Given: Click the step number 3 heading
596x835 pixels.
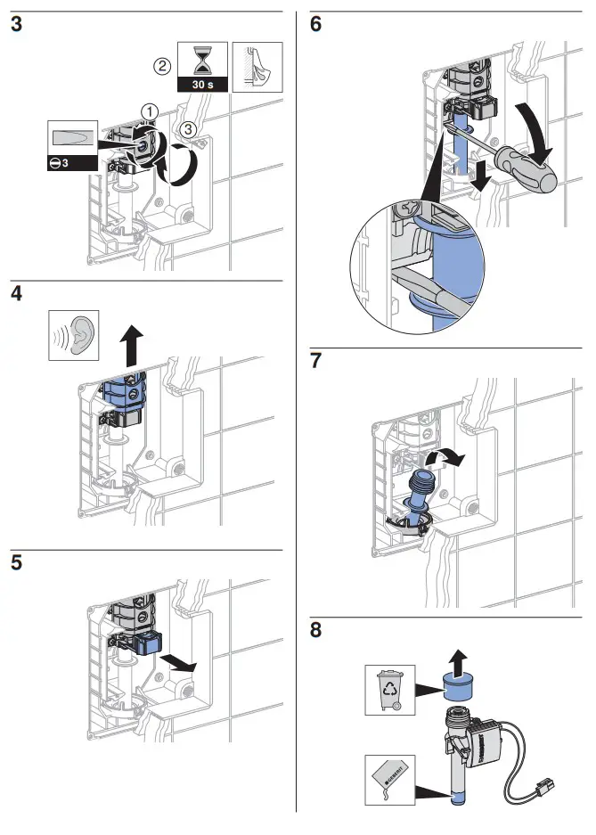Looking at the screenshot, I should [x=16, y=25].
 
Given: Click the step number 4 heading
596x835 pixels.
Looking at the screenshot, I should [x=17, y=295].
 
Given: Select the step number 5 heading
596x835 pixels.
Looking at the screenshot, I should [x=16, y=565].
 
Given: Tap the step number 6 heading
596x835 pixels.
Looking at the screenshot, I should [x=316, y=25].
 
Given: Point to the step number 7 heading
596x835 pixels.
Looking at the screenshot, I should [x=316, y=362].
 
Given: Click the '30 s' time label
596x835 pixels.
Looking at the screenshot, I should [x=202, y=84].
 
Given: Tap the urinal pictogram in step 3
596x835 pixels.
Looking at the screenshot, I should [x=257, y=67].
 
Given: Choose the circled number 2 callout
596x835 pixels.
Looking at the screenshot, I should [x=162, y=66].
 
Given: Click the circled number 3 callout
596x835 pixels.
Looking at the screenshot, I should [x=186, y=129].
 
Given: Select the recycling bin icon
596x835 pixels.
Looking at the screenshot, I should [x=390, y=689].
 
